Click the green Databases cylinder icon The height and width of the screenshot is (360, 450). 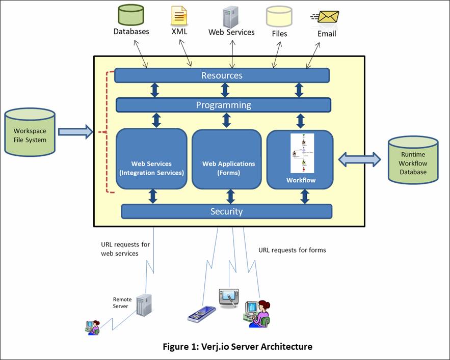point(131,15)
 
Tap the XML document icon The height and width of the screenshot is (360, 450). point(179,16)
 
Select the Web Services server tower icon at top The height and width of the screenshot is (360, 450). point(231,16)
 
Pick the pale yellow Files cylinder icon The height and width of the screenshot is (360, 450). point(279,16)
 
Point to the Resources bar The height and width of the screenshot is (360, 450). point(222,75)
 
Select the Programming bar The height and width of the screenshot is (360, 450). point(223,105)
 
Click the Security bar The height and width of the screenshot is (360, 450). point(226,211)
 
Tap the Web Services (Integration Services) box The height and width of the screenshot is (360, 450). point(151,159)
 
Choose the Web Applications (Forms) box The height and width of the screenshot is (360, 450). point(228,159)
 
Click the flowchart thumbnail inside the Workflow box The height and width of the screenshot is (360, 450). point(302,153)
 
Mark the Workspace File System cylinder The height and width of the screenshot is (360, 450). point(30,132)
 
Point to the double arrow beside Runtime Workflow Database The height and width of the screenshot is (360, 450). point(360,159)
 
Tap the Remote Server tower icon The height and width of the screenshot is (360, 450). point(144,304)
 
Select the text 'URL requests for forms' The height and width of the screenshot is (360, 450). point(292,250)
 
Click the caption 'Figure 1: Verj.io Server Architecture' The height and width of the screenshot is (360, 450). point(237,346)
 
